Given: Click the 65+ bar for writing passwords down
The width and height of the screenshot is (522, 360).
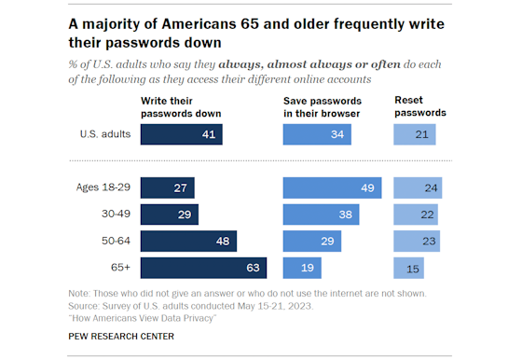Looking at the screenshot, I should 203,268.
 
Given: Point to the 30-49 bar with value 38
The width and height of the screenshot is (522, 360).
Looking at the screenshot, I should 323,215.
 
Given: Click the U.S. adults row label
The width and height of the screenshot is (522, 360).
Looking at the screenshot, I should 103,134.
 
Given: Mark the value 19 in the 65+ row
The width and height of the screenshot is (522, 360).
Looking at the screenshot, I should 308,268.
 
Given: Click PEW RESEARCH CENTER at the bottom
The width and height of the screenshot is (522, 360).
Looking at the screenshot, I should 127,337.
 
